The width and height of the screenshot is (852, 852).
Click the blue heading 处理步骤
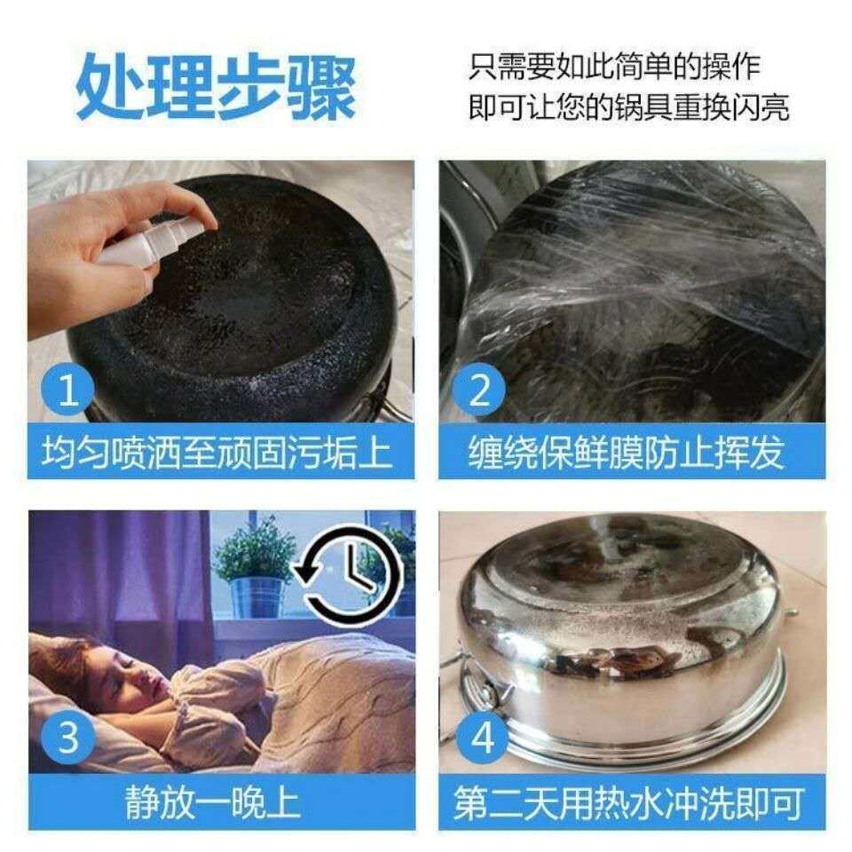[217, 87]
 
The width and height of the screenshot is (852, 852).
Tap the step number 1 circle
[68, 390]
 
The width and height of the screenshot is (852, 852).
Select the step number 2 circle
[478, 390]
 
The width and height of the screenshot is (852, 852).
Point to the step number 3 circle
[68, 738]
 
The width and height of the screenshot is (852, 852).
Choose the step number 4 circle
[482, 738]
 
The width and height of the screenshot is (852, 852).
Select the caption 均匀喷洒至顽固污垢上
[217, 452]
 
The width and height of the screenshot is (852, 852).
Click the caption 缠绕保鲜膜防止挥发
[627, 452]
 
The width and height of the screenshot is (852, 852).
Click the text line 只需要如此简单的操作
[614, 67]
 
